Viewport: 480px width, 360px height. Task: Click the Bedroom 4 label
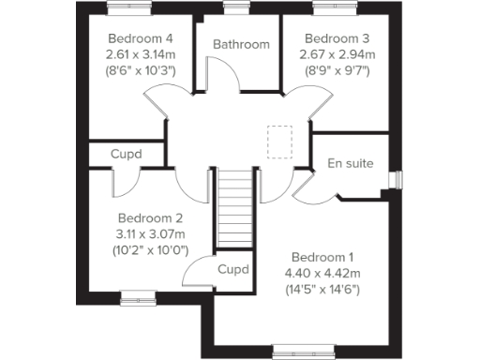(x=141, y=39)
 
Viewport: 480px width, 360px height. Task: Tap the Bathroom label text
(x=241, y=44)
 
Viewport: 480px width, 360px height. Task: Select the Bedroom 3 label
(x=338, y=39)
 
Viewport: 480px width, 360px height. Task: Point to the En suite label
(x=351, y=163)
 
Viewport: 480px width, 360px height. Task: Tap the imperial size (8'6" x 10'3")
(x=141, y=71)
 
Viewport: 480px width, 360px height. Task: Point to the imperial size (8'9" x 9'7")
(x=338, y=71)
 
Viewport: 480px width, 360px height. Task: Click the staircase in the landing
(x=236, y=209)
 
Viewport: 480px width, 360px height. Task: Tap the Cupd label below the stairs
(x=233, y=269)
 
